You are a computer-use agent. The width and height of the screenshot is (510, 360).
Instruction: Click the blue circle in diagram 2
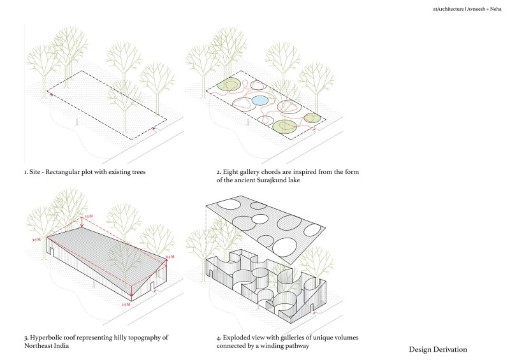[x=260, y=101]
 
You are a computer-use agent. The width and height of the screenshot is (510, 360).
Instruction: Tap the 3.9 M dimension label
[x=36, y=239]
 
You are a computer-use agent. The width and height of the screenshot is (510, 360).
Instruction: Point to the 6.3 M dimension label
[x=170, y=257]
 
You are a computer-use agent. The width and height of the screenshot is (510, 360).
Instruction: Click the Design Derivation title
[x=438, y=349]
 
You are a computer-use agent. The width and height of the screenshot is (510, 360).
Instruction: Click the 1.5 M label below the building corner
[x=126, y=305]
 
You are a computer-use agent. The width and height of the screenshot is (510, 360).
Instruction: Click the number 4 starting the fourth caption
[x=218, y=336]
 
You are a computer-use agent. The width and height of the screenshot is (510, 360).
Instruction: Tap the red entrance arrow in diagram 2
[x=317, y=128]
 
